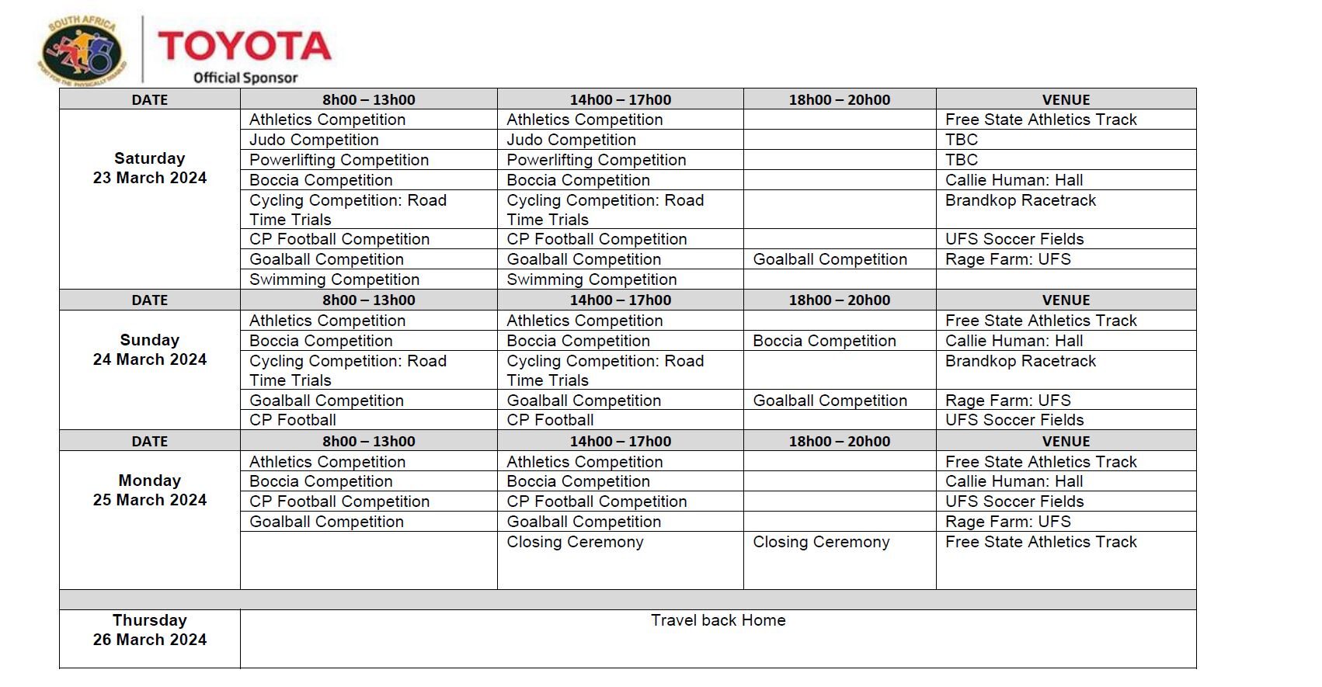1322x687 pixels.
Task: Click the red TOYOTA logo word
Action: tap(245, 47)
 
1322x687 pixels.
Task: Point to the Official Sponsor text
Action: tap(245, 78)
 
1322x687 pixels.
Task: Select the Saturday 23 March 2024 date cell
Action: tap(150, 168)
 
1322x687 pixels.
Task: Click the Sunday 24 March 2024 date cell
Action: tap(150, 350)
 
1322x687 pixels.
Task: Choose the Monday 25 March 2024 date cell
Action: tap(150, 491)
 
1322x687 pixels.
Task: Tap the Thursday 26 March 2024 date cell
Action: tap(150, 630)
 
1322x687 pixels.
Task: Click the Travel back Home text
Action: tap(718, 620)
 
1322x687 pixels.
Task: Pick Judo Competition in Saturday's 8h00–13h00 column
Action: tap(314, 140)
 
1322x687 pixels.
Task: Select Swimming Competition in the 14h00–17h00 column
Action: tap(591, 279)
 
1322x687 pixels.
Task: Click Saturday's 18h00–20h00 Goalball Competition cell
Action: tap(830, 259)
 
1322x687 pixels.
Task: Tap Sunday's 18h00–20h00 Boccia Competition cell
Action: tap(824, 341)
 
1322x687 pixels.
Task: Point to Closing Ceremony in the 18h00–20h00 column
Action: tap(821, 542)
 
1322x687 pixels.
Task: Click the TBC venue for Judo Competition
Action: tap(962, 140)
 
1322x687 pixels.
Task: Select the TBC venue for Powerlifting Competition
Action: tap(962, 160)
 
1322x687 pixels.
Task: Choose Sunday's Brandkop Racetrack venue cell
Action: tap(1021, 361)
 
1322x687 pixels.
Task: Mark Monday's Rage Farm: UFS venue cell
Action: tap(1007, 522)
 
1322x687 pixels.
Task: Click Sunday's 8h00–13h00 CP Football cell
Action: tap(293, 420)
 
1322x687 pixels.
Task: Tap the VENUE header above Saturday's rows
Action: tap(1066, 99)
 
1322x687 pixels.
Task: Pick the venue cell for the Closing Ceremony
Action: tap(1041, 542)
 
